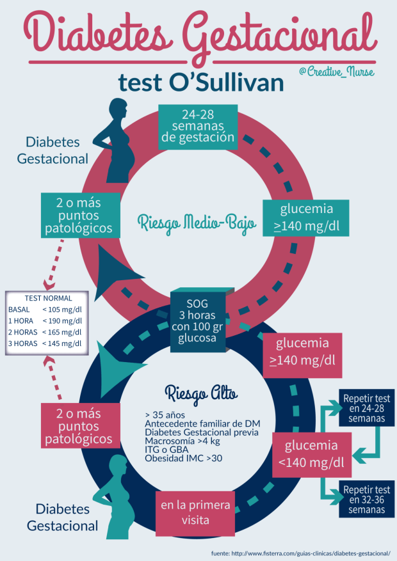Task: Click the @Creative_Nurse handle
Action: click(336, 72)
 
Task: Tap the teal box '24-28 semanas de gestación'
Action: click(198, 125)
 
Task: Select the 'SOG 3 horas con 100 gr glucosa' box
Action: click(198, 320)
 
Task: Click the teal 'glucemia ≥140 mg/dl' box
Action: click(306, 218)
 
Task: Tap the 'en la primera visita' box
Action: click(195, 512)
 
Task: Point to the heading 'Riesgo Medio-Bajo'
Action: click(197, 223)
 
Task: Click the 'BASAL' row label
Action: click(19, 310)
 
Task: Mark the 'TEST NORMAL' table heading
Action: click(49, 298)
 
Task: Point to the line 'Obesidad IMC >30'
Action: click(184, 458)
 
